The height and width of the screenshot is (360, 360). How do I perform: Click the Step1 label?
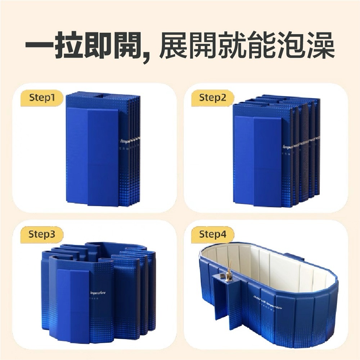pyautogui.click(x=42, y=98)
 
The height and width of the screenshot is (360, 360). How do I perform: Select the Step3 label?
pyautogui.click(x=42, y=235)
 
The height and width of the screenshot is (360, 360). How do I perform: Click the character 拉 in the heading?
pyautogui.click(x=70, y=46)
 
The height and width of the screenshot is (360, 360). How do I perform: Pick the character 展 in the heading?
pyautogui.click(x=172, y=46)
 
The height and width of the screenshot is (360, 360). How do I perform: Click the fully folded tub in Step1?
pyautogui.click(x=103, y=149)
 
